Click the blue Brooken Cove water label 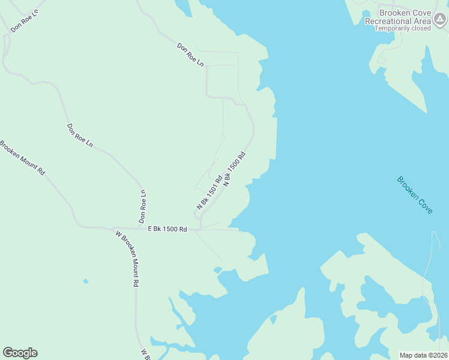(x=414, y=195)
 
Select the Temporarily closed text (x=403, y=28)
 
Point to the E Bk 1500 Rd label (x=167, y=229)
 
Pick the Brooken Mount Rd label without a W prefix (x=22, y=157)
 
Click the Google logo (x=20, y=353)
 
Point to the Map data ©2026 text (x=423, y=355)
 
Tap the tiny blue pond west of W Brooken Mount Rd (x=86, y=281)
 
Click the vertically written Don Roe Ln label (x=143, y=207)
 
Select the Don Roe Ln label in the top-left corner (x=24, y=20)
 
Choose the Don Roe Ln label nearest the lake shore (x=190, y=54)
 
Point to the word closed (x=421, y=28)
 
